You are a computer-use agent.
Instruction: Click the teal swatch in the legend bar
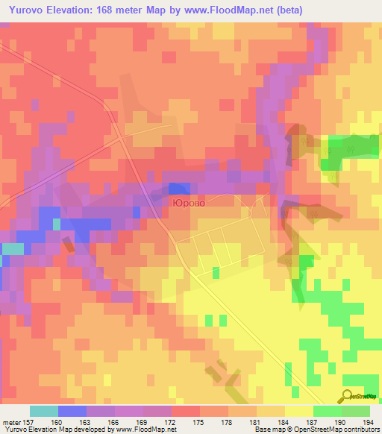(x=44, y=411)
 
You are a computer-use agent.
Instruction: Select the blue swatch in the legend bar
(x=72, y=411)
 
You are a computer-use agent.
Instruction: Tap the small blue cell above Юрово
(x=178, y=189)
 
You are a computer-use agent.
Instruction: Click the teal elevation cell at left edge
(x=12, y=248)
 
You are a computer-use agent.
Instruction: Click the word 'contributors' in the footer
(x=360, y=430)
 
